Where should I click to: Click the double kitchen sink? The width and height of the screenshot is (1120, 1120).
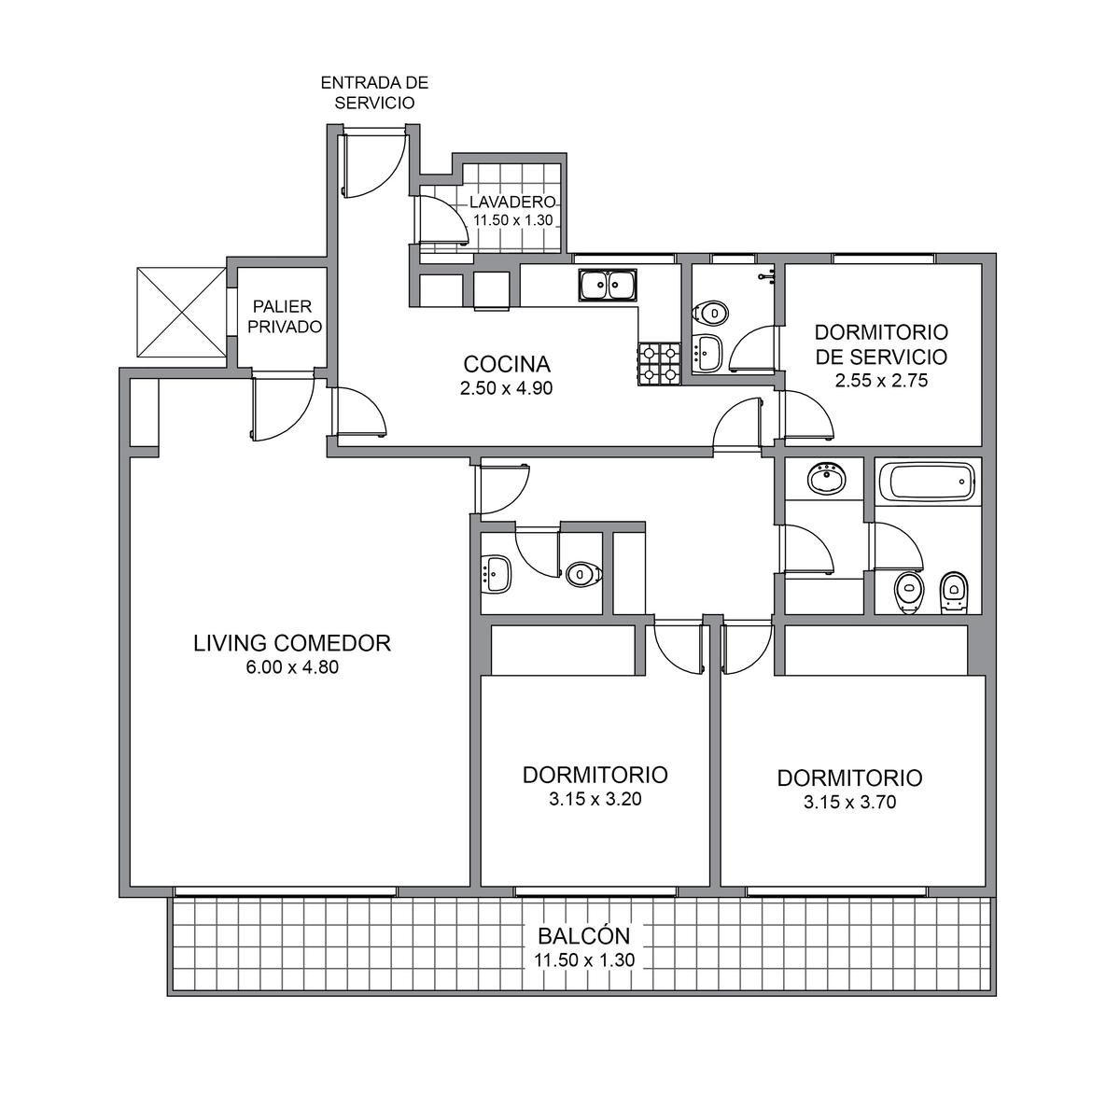(608, 285)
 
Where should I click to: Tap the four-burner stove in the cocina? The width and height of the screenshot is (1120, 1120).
(660, 363)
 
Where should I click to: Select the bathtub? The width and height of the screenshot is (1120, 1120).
(927, 481)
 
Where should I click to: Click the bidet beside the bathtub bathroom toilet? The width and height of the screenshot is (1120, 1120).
(954, 593)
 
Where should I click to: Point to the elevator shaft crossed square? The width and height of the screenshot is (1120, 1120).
(181, 312)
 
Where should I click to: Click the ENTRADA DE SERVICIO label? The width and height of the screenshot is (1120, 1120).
(375, 92)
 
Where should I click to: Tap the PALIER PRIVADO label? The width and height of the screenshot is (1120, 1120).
(285, 316)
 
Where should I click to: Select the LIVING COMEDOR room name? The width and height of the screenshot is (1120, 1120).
(292, 643)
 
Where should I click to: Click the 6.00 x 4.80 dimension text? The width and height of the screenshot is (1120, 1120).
(292, 667)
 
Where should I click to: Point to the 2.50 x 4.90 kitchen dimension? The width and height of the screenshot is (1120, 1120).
(506, 387)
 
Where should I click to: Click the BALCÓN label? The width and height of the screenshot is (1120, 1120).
(583, 936)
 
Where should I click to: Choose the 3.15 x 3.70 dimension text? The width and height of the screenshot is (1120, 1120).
(849, 802)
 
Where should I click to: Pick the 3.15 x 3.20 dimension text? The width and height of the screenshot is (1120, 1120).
(595, 799)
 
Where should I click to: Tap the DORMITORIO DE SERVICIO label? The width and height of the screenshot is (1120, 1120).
(881, 344)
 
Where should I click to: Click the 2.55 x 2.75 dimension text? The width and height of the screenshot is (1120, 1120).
(881, 381)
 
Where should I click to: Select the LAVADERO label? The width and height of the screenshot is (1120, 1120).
(513, 202)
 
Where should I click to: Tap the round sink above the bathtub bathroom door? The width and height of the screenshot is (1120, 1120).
(826, 479)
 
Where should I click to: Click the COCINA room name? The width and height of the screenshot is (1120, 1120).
(507, 364)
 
